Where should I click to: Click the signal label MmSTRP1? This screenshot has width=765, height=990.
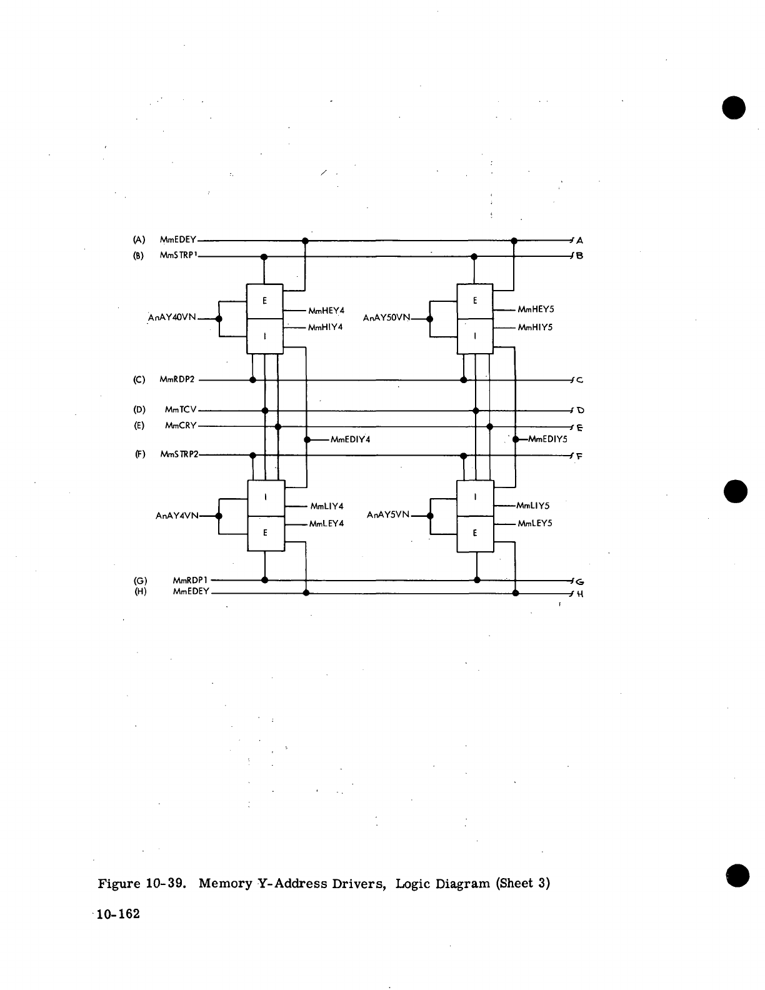179,255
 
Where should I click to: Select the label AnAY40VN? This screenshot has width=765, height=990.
171,318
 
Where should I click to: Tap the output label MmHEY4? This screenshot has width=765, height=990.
326,310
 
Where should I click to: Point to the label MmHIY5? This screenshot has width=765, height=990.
535,327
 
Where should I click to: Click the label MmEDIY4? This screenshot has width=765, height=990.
350,439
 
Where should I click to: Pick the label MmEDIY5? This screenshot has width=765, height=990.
547,439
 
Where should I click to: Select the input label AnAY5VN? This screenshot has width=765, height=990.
387,514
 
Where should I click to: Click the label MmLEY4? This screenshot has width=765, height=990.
326,524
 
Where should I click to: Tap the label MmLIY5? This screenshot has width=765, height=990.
532,506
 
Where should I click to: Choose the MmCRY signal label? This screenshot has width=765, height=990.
181,426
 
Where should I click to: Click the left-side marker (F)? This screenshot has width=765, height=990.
139,454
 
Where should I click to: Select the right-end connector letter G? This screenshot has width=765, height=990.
579,581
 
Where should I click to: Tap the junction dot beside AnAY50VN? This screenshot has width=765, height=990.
429,319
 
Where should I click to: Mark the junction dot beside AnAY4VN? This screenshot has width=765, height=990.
218,516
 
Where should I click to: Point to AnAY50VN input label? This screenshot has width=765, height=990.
386,318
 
